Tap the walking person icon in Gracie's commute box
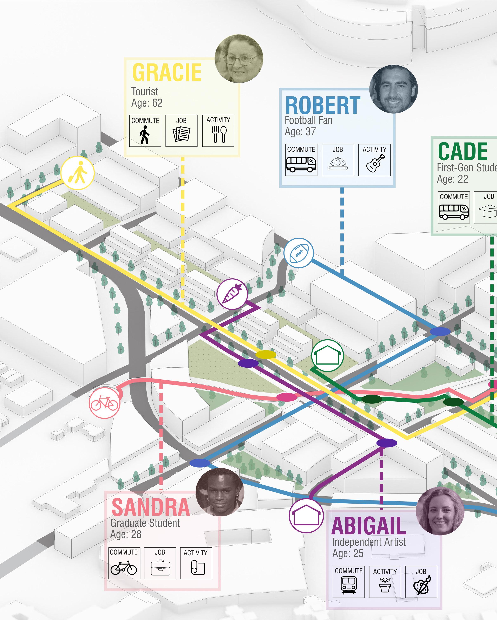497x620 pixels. [x=145, y=135]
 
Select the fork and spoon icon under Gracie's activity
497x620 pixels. [x=218, y=134]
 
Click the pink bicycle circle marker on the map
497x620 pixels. [x=104, y=403]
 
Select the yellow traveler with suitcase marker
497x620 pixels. [x=77, y=173]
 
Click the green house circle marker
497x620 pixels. [x=327, y=355]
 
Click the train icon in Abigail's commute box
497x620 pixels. [x=349, y=585]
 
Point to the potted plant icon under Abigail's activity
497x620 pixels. [x=385, y=585]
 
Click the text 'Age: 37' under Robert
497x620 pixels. [x=300, y=132]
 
